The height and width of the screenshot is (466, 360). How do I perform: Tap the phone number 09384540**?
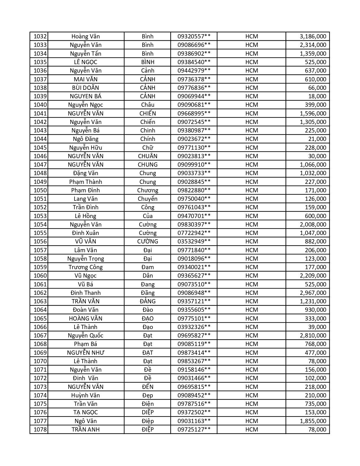[194, 62]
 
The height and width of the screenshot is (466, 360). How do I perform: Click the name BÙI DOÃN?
[86, 88]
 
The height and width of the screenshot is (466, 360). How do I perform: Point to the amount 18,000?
[317, 96]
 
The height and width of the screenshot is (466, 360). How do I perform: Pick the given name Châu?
[147, 105]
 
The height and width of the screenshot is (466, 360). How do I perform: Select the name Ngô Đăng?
[86, 139]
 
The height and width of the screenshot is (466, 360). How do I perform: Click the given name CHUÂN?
[147, 156]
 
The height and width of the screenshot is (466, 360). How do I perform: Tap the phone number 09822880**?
[194, 190]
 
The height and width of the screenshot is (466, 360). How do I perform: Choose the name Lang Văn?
[86, 199]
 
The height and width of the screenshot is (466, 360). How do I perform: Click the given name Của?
[147, 216]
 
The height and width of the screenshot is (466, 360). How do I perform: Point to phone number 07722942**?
[194, 233]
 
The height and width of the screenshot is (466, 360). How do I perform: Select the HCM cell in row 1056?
[251, 241]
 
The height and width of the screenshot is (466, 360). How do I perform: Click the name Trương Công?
[86, 267]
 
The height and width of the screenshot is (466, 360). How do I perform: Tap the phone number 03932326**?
[194, 327]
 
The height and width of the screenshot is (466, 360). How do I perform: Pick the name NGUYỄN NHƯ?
[86, 353]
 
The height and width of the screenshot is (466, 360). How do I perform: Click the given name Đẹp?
[147, 395]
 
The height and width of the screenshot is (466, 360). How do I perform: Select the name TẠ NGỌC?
[86, 412]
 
